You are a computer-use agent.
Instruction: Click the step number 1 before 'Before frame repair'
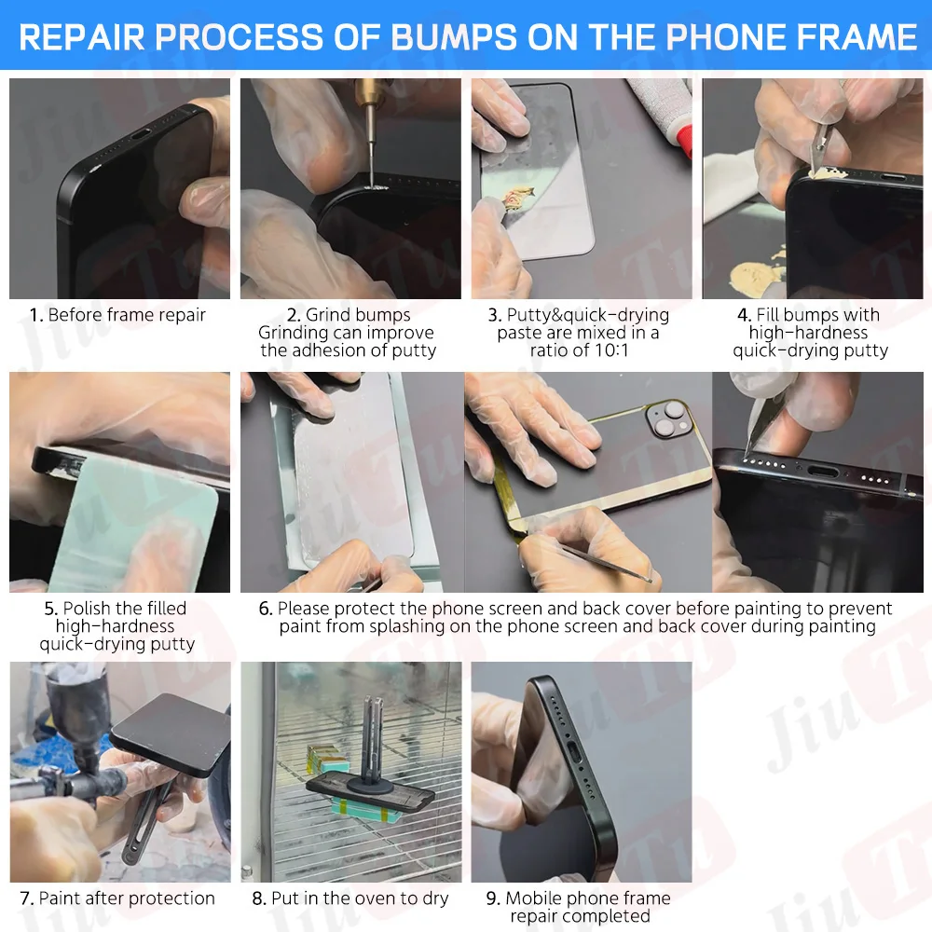tap(35, 315)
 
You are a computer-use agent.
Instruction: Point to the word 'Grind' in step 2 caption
tap(327, 315)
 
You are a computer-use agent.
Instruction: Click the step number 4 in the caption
tap(743, 315)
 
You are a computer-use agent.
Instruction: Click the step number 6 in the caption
tap(266, 609)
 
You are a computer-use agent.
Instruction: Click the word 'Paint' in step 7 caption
tap(59, 898)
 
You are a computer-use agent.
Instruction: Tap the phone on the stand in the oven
tap(373, 791)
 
